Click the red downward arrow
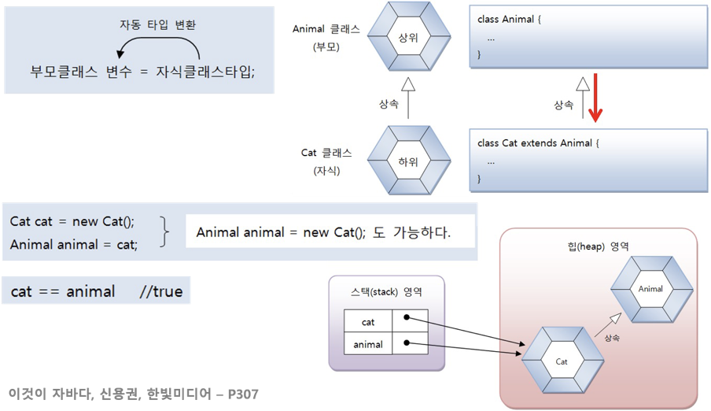point(595,98)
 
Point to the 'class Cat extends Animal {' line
point(539,143)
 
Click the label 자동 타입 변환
point(158,24)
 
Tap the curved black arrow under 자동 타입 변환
point(157,50)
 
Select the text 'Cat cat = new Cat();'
point(72,221)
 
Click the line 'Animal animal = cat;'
point(74,244)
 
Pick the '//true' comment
point(160,291)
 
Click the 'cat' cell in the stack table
point(368,321)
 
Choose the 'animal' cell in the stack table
point(368,344)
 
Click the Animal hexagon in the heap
point(650,289)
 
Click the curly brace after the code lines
point(164,232)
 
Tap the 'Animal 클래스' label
point(326,29)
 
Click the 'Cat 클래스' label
point(326,153)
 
